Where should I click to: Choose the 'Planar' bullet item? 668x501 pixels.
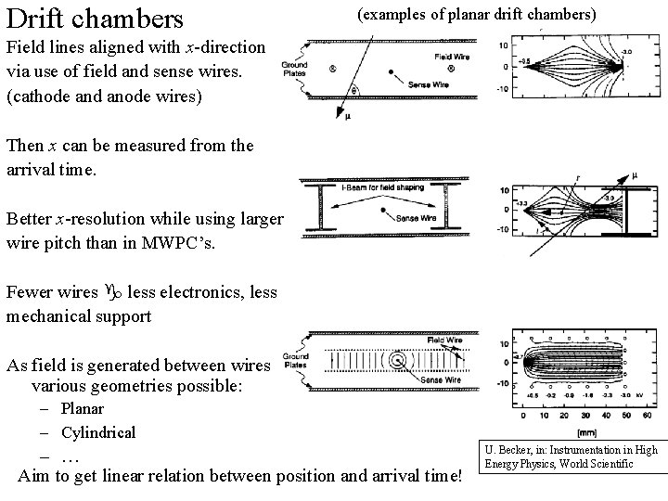pyautogui.click(x=83, y=409)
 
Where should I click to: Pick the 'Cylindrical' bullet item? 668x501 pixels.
pyautogui.click(x=98, y=432)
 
